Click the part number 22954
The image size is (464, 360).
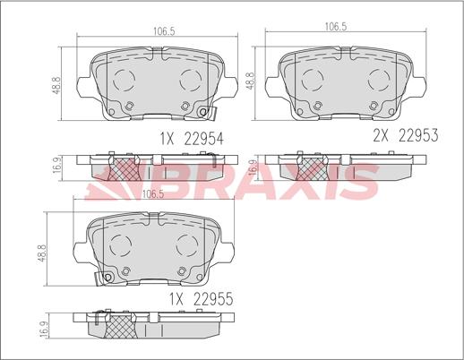click(203, 139)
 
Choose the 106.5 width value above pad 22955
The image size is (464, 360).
click(154, 193)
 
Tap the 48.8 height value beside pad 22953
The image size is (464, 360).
click(250, 82)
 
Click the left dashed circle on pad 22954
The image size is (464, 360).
click(124, 80)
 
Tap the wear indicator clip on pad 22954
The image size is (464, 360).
click(209, 113)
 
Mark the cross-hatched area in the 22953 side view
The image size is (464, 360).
click(313, 167)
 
